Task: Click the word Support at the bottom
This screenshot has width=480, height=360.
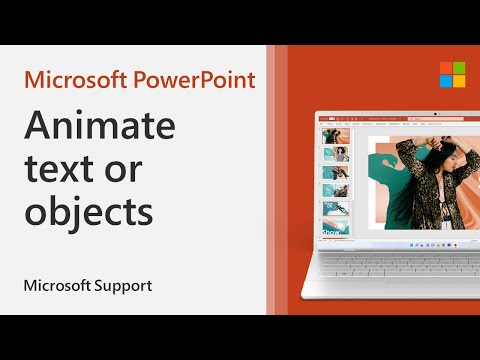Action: (121, 286)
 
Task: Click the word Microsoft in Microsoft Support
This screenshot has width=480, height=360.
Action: (56, 286)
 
